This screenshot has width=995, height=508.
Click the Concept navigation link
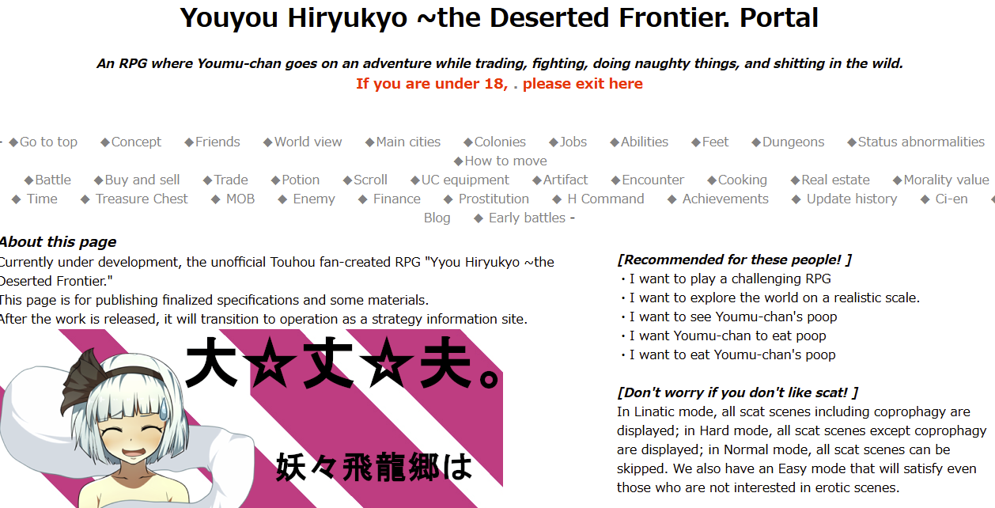click(x=131, y=142)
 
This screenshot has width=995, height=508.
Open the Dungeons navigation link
click(x=788, y=142)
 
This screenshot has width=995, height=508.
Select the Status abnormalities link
click(x=916, y=142)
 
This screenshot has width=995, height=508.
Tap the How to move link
click(x=500, y=161)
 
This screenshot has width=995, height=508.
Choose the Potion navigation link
click(x=295, y=180)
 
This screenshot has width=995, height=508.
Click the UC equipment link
click(x=460, y=180)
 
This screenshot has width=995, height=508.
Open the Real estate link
click(x=830, y=180)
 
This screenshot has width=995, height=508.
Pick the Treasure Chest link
click(x=134, y=199)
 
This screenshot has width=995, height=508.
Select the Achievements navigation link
click(x=718, y=199)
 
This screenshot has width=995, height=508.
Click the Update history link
click(x=845, y=199)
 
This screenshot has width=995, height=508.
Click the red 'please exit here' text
click(x=582, y=84)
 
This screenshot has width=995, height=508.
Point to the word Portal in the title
click(x=778, y=17)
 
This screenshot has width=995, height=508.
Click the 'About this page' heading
click(x=59, y=242)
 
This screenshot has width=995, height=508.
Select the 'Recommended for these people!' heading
click(x=734, y=260)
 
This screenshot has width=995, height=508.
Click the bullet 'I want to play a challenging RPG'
click(x=726, y=279)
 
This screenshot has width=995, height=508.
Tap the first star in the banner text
click(x=270, y=362)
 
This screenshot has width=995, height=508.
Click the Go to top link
click(x=43, y=142)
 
